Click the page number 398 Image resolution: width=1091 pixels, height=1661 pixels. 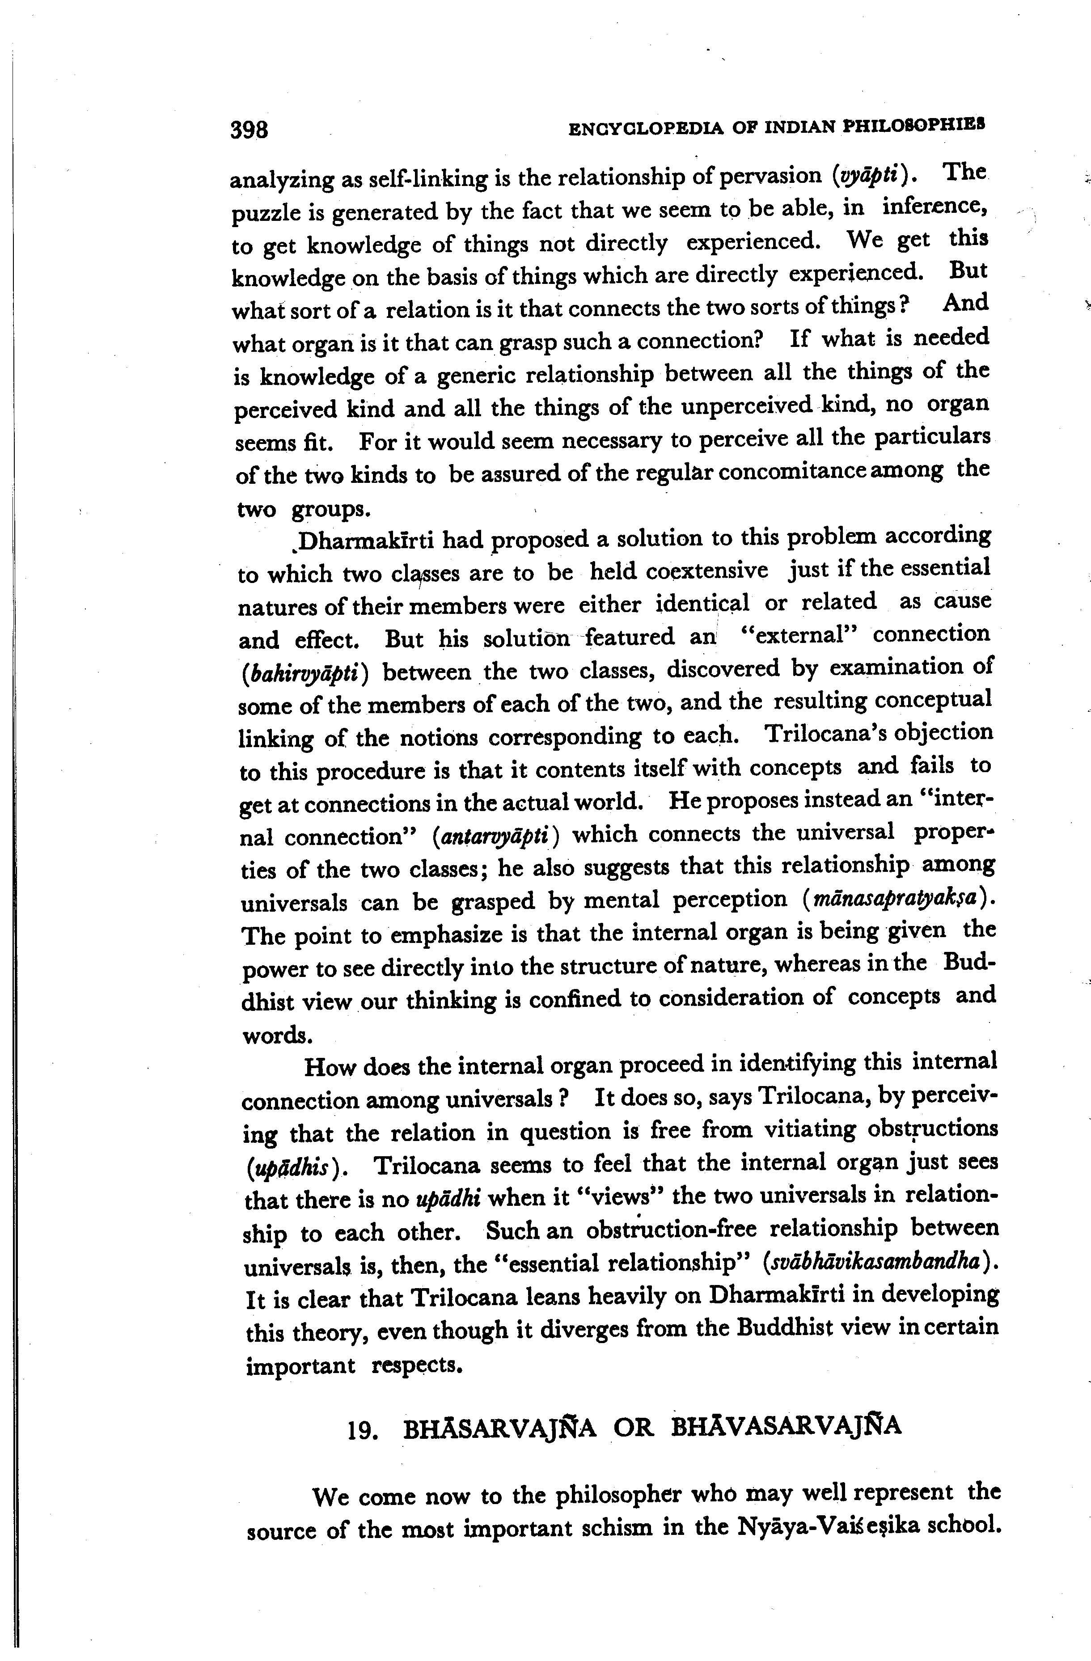click(249, 130)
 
